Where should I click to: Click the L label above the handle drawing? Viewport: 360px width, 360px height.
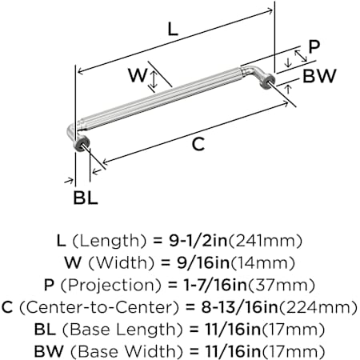[x=173, y=29]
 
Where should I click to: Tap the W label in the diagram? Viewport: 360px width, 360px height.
[x=138, y=75]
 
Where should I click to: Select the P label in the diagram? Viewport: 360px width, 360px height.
[x=314, y=47]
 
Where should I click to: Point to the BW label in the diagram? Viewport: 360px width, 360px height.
[x=319, y=76]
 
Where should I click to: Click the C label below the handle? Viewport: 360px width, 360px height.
[x=198, y=144]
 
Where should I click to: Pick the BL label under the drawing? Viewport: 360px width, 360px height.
[x=86, y=198]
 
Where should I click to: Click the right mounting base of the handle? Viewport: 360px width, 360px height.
[x=268, y=81]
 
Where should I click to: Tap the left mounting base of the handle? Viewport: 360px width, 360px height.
[x=82, y=144]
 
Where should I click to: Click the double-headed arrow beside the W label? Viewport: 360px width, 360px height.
[x=154, y=79]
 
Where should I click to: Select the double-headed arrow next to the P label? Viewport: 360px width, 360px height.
[x=301, y=56]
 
